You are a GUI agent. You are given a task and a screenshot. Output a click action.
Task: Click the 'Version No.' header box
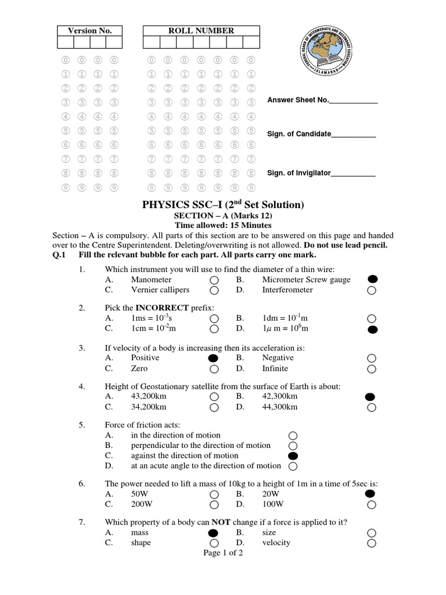89,31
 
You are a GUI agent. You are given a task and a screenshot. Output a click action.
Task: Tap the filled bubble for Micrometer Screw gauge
372,279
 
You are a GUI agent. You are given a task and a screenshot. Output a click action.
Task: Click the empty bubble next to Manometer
214,280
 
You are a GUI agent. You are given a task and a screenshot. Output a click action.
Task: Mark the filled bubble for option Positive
214,358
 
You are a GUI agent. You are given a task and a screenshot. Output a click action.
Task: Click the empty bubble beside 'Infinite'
372,368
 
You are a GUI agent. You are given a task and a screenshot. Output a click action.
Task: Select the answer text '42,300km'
279,396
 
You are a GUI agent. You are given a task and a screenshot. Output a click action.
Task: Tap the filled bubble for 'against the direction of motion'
293,456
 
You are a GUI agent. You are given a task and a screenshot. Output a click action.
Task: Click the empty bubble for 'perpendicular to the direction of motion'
293,445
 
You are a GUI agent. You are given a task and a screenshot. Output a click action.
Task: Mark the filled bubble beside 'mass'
214,532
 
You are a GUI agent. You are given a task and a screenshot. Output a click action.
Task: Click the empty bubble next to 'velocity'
372,543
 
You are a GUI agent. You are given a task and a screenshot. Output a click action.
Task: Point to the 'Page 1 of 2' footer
223,553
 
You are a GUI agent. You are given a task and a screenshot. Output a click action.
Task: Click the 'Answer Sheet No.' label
298,100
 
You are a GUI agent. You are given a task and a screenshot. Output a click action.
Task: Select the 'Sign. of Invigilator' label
298,173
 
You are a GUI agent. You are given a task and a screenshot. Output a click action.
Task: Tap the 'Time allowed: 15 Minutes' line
223,225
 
